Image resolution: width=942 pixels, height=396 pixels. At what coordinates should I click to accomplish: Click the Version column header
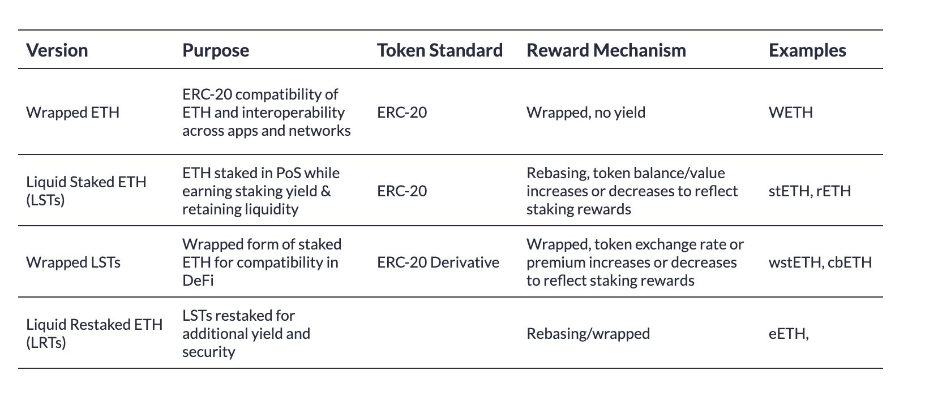point(57,50)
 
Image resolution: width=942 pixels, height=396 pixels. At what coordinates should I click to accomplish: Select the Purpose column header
point(216,50)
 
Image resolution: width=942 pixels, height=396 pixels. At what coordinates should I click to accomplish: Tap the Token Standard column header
point(440,50)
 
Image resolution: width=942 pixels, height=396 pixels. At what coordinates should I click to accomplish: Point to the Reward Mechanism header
point(606,50)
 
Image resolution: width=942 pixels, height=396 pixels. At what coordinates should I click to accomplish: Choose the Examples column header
point(807,50)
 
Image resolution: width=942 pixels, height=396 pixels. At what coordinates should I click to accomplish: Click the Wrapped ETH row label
point(73,112)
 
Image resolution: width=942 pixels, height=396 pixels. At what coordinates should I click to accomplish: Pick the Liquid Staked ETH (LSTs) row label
point(87,191)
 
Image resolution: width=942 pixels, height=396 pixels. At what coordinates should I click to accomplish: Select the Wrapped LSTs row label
point(74,262)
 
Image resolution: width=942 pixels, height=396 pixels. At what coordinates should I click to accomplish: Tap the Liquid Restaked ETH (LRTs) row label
point(95,333)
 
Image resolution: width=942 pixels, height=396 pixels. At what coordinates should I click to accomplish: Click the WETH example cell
point(790,112)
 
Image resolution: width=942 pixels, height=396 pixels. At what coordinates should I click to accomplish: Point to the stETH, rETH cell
point(810,191)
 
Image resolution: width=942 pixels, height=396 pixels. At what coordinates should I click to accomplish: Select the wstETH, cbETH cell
point(820,262)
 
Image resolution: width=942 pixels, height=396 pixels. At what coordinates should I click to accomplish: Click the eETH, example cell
point(789,333)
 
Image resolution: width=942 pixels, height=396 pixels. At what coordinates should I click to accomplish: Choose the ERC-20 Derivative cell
point(438,262)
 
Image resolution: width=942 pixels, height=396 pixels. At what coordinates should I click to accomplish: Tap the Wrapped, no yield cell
point(586,112)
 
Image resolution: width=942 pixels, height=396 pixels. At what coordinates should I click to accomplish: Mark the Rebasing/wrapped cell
point(588,333)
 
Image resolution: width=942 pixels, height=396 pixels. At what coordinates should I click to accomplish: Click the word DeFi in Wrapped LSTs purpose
point(198,281)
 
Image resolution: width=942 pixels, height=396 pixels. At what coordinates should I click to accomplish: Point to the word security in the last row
point(208,352)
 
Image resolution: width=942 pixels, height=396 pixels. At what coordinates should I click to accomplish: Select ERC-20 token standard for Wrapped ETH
point(402,112)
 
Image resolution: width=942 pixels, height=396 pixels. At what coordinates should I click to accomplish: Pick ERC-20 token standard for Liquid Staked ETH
point(402,191)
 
